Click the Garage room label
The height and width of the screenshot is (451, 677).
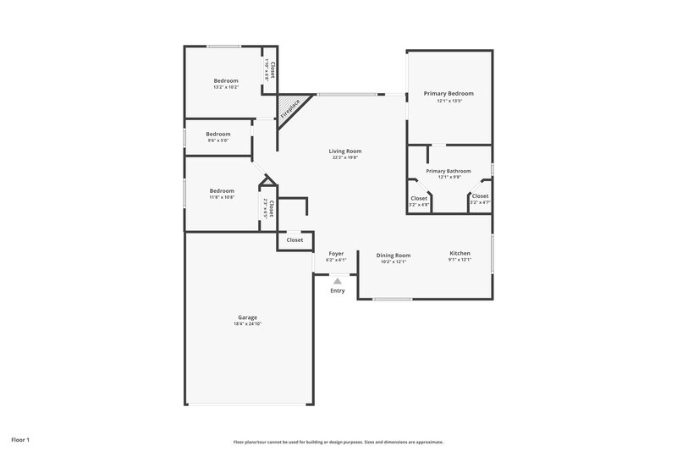(247, 317)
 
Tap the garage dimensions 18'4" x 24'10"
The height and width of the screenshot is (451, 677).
(247, 324)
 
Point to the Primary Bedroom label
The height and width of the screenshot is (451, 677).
(449, 93)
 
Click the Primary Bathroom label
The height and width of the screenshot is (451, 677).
(449, 171)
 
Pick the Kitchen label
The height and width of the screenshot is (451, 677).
(460, 253)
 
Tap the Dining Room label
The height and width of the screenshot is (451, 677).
(394, 255)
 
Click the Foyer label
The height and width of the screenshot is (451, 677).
(336, 253)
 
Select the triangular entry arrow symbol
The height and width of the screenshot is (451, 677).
(337, 281)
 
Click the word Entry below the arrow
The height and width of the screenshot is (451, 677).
(337, 291)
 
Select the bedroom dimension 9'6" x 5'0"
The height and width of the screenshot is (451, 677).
(218, 140)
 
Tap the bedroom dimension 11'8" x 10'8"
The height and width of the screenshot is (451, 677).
(222, 197)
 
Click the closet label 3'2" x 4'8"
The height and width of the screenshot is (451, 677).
(419, 203)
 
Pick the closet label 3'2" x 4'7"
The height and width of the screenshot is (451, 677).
(480, 202)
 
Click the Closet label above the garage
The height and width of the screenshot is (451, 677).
(294, 240)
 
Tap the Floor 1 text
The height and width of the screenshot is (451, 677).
(20, 440)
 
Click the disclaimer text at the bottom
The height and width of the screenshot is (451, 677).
(338, 442)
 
